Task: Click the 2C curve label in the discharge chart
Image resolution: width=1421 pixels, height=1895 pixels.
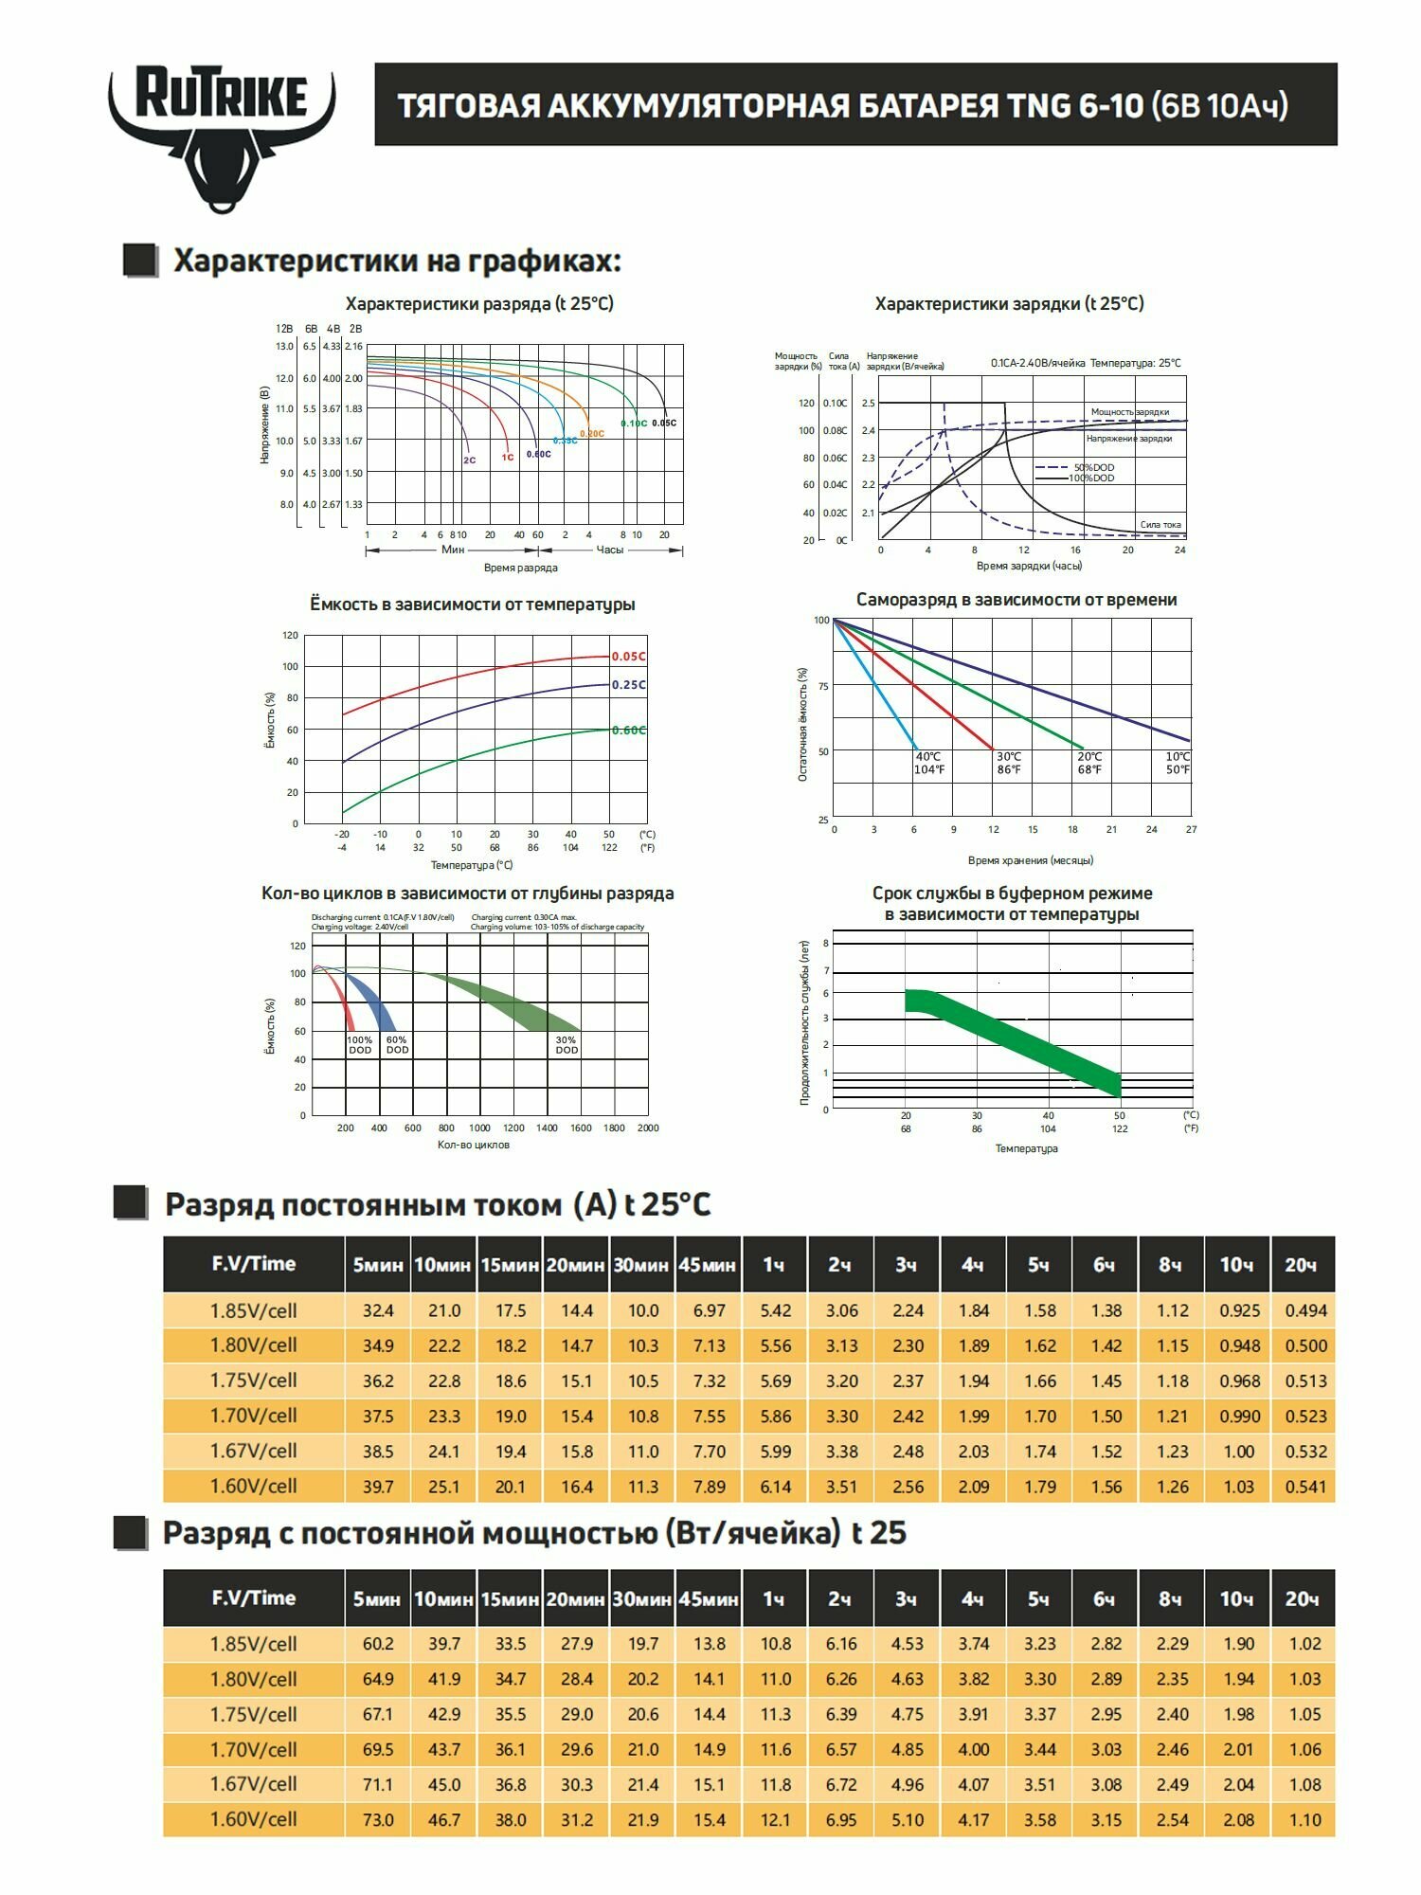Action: [470, 460]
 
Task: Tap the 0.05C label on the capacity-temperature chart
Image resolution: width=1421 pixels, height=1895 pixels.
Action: [628, 657]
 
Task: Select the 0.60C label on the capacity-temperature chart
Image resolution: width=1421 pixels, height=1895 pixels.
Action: [628, 731]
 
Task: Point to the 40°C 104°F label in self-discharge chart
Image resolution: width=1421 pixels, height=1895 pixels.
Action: [929, 764]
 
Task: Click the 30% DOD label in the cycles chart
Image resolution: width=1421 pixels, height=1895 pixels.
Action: [567, 1045]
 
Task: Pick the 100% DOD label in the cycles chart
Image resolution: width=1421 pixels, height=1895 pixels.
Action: [360, 1045]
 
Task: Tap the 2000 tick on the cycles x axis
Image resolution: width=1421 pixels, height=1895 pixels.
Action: [648, 1128]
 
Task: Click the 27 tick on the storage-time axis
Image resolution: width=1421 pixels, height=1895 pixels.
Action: [1191, 830]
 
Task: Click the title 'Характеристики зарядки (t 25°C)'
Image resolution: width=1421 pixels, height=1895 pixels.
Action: [1009, 304]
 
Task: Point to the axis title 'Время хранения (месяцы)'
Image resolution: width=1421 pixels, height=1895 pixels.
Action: [1031, 860]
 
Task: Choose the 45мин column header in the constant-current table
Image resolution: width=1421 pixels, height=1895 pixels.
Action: [707, 1265]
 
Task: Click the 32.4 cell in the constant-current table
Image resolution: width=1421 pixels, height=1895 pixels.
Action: [377, 1311]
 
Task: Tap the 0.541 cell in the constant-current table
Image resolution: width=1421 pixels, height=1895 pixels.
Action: [1304, 1487]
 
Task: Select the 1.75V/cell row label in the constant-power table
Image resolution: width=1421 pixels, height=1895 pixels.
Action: [253, 1715]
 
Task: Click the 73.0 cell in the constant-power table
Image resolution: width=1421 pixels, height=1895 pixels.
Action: [377, 1820]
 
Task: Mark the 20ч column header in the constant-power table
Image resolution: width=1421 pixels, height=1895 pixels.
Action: [1303, 1599]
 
